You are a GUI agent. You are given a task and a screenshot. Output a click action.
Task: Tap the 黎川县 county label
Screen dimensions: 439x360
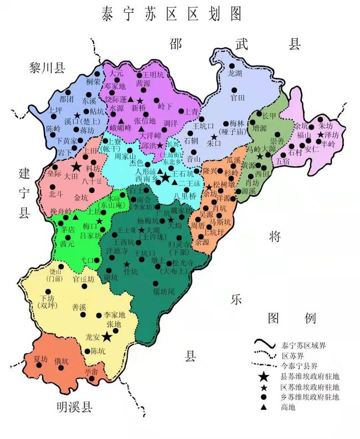pyautogui.click(x=47, y=68)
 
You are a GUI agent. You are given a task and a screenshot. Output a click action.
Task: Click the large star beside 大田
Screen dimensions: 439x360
pyautogui.click(x=76, y=167)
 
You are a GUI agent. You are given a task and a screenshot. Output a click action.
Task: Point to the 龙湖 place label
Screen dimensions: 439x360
pyautogui.click(x=235, y=74)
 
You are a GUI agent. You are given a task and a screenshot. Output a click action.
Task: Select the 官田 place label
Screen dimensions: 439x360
pyautogui.click(x=238, y=97)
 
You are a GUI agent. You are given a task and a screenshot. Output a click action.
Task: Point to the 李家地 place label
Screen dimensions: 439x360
pyautogui.click(x=115, y=314)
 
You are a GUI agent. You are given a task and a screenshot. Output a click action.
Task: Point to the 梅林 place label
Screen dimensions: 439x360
pyautogui.click(x=237, y=124)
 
